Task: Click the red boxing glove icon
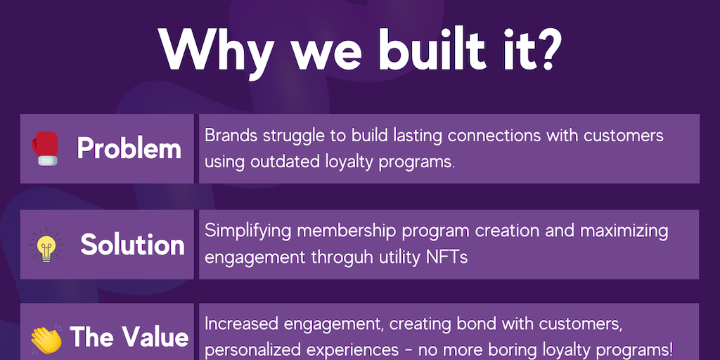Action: coord(45,148)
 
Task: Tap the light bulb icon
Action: coord(46,245)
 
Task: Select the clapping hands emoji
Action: coord(46,339)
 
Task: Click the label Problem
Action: coord(129,149)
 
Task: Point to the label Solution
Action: coord(132,245)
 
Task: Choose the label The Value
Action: coord(129,337)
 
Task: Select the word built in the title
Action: coord(432,48)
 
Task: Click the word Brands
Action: coord(231,136)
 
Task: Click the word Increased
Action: coord(241,323)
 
